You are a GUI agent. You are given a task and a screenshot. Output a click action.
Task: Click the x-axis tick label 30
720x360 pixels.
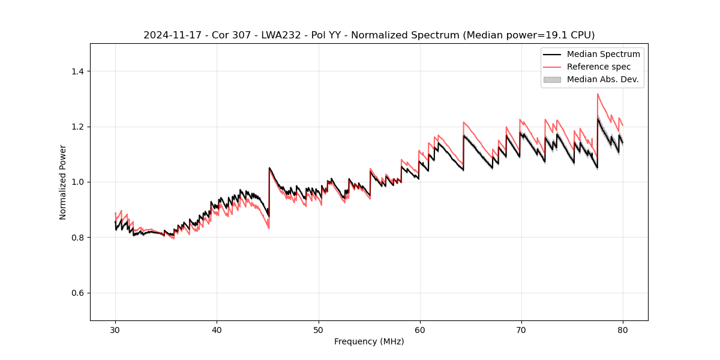coord(115,329)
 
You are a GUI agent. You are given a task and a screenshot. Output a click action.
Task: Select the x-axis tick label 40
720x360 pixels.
coord(217,329)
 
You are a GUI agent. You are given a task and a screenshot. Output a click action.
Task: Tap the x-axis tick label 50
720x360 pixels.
coord(318,329)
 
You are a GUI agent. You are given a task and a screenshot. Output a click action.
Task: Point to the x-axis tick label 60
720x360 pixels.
coord(420,329)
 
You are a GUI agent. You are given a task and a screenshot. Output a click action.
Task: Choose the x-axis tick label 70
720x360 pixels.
coord(521,329)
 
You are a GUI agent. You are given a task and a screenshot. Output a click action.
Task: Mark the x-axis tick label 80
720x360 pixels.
coord(623,329)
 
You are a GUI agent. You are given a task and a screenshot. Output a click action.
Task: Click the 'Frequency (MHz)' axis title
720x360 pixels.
coord(369,341)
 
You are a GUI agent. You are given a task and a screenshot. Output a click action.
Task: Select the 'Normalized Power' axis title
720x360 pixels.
coord(63,182)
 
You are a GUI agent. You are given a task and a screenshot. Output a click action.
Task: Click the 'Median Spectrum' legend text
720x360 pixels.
coord(603,54)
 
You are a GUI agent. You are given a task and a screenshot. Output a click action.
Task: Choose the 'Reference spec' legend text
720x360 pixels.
coord(599,67)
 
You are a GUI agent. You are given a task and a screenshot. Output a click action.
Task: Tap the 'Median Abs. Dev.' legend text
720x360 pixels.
coord(602,79)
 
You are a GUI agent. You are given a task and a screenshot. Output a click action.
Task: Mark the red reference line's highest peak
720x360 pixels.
coord(598,94)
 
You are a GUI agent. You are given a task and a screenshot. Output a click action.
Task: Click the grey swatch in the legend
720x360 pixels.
coord(552,79)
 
